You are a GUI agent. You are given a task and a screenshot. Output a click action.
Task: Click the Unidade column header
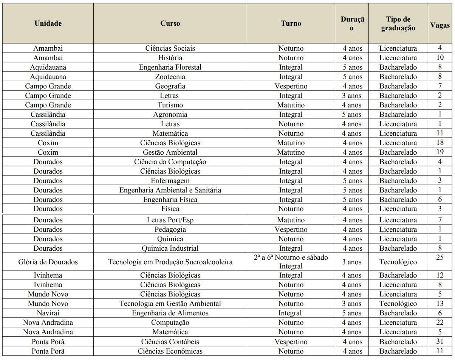pos(48,23)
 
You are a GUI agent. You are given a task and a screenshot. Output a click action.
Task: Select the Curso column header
pos(170,23)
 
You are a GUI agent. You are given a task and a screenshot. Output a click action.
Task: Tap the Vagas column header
pos(440,25)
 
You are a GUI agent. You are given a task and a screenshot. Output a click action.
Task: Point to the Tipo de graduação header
pos(398,23)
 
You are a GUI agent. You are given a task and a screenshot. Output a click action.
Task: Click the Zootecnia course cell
pos(170,77)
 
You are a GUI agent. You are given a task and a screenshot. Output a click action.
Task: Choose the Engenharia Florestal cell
pos(170,67)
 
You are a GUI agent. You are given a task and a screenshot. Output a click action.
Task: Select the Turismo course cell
pos(170,105)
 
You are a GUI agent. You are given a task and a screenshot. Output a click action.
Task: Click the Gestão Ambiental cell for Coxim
pos(170,152)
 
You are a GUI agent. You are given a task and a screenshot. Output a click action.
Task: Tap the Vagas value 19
pos(440,152)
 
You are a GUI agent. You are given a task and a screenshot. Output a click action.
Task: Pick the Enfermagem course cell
pos(170,181)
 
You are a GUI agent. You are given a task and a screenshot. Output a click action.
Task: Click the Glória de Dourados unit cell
pos(48,262)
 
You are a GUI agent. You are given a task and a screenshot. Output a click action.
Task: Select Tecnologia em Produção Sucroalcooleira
pos(170,262)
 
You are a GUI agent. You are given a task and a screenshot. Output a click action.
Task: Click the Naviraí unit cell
pos(48,313)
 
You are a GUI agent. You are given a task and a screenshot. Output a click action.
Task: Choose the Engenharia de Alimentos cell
pos(170,313)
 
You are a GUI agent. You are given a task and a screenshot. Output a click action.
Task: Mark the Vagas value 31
pos(440,341)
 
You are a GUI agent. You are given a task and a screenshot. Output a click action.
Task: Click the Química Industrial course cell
pos(170,248)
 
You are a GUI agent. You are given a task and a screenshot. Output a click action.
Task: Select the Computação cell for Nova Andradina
pos(170,323)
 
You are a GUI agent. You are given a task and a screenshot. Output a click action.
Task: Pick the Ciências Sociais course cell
pos(170,48)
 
